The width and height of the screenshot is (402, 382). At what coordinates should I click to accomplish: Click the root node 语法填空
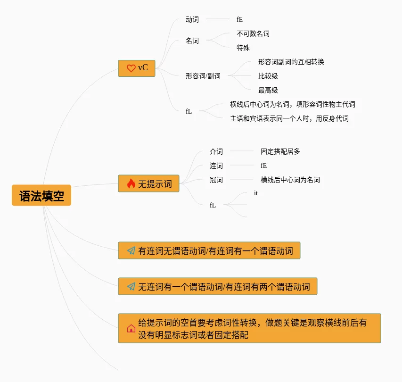point(41,195)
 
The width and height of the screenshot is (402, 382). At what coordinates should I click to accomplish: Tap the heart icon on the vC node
point(131,68)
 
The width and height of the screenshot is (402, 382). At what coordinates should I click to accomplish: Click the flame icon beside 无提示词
point(131,184)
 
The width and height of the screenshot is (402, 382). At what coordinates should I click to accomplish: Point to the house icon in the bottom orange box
point(131,328)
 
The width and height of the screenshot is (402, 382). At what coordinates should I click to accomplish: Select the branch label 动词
point(192,19)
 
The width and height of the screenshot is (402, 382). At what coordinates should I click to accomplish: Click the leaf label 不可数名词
point(253,33)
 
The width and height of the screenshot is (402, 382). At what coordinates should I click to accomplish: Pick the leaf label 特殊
point(243,48)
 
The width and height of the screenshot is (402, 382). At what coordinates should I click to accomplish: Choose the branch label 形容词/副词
point(203,76)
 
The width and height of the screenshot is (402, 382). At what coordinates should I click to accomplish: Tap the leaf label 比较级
point(268,76)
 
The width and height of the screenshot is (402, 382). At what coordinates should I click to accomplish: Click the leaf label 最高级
point(268,90)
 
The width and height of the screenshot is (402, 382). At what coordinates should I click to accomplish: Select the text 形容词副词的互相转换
point(291,62)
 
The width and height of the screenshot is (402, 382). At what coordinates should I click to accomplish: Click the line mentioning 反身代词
point(289,118)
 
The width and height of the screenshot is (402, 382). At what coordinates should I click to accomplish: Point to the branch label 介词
point(216,151)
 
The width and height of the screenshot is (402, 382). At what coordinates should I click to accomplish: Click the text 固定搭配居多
point(280,151)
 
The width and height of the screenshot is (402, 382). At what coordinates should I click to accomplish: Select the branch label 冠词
point(216,180)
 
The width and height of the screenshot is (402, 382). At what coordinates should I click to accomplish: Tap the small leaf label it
point(256,193)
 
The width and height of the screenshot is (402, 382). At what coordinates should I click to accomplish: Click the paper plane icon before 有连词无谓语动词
point(131,251)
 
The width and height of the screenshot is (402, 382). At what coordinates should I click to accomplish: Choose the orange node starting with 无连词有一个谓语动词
point(218,286)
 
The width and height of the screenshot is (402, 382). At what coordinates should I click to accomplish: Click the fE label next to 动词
point(240,19)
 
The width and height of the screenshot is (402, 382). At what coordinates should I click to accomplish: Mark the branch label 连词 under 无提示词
point(216,166)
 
